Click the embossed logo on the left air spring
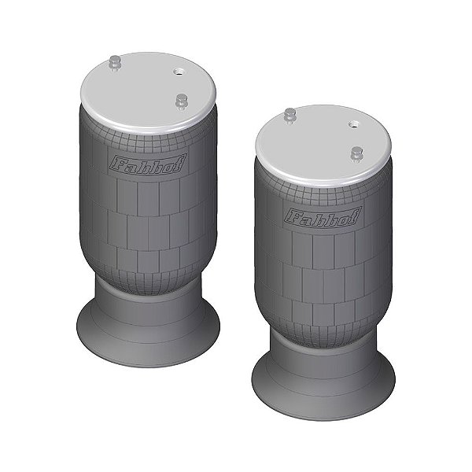tap(148, 164)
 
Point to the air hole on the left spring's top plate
tap(179, 72)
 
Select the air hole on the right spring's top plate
tap(354, 124)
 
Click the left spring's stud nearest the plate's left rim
tap(114, 63)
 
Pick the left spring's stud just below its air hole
tap(181, 101)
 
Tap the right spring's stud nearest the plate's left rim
tap(289, 116)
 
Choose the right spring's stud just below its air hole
tap(356, 154)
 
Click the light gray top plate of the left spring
tap(149, 94)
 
